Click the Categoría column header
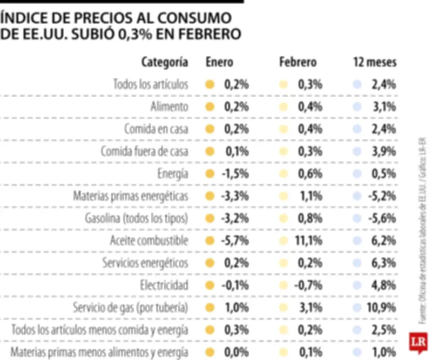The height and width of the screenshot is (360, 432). coord(164,62)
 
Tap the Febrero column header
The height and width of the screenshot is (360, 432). coord(298,62)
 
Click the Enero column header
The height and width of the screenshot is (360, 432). coord(219,62)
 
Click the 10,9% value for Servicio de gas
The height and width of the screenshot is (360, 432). coord(382,308)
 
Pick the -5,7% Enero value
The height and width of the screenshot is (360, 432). coord(234,240)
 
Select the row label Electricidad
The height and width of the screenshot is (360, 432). coord(164,285)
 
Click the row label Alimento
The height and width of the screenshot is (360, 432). coord(169,106)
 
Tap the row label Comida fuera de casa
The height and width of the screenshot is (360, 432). coord(144,151)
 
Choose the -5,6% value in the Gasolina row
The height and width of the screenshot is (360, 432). coord(382,218)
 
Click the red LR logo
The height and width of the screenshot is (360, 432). coord(416,342)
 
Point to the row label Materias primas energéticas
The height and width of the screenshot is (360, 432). coord(131,196)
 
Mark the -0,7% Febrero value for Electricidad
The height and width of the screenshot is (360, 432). coord(309,285)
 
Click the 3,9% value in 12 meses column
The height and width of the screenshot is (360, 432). coord(384,151)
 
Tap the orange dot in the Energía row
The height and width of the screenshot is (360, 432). coord(211,174)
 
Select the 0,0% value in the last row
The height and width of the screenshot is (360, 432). coord(237,352)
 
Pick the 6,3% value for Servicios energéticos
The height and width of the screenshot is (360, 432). coord(384,263)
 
